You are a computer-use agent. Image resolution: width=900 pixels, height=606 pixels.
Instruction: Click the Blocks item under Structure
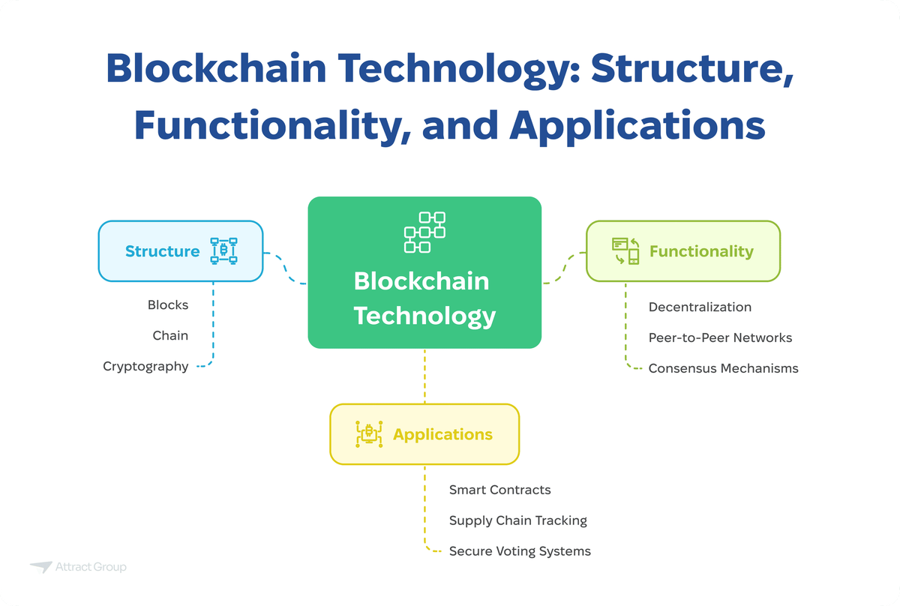point(168,305)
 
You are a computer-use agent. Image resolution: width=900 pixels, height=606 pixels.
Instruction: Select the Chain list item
point(170,336)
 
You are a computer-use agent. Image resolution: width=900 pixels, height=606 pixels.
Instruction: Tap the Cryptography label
point(145,367)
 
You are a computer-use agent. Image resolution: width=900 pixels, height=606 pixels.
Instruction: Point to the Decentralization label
point(700,307)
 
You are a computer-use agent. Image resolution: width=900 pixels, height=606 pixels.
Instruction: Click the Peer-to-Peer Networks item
point(720,337)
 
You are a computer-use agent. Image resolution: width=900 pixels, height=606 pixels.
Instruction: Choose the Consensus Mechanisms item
point(723,368)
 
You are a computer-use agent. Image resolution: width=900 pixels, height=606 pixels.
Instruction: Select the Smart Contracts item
point(499,490)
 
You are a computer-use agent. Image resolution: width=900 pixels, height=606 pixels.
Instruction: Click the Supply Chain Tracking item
point(517,520)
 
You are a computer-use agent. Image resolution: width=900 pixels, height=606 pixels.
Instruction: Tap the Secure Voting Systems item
point(520,551)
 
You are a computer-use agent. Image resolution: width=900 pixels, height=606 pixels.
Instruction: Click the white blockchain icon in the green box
point(424,232)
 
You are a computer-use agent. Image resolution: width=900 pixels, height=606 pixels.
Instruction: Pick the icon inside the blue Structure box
point(223,251)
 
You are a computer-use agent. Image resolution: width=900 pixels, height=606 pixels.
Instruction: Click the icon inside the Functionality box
point(625,251)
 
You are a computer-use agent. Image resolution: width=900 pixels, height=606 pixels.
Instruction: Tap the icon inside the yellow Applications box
point(369,434)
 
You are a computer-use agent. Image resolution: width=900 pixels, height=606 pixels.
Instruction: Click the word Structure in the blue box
point(162,251)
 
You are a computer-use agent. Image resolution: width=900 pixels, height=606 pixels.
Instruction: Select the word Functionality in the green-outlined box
point(701,251)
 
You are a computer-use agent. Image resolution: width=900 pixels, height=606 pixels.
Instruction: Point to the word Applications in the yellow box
point(442,434)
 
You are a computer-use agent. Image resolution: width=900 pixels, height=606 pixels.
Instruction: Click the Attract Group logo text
point(91,567)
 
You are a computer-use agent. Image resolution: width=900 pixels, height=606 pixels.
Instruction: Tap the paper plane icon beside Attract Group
point(40,568)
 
